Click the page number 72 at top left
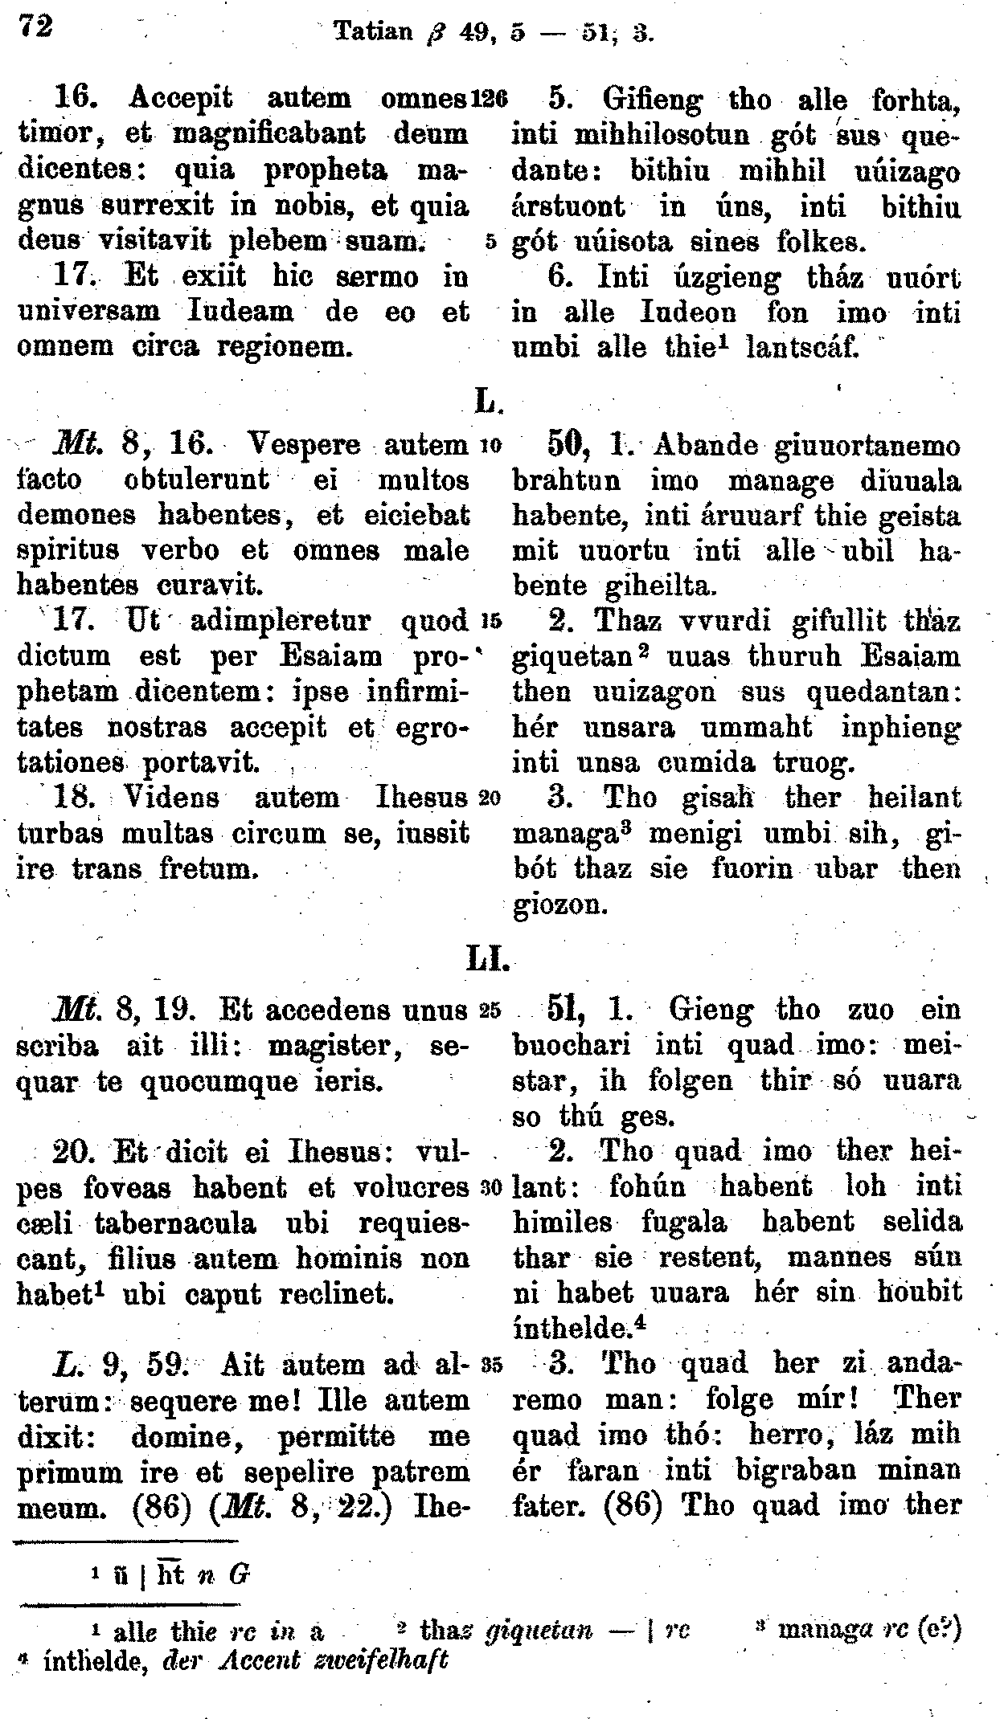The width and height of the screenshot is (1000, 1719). [x=36, y=27]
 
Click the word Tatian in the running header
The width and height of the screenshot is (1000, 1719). [x=373, y=32]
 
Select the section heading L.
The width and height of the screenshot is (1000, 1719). [x=488, y=399]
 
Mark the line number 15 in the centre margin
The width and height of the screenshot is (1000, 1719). [x=490, y=621]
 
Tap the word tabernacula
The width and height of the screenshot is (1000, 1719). [x=175, y=1223]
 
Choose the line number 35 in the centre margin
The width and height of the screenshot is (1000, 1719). [x=490, y=1363]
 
